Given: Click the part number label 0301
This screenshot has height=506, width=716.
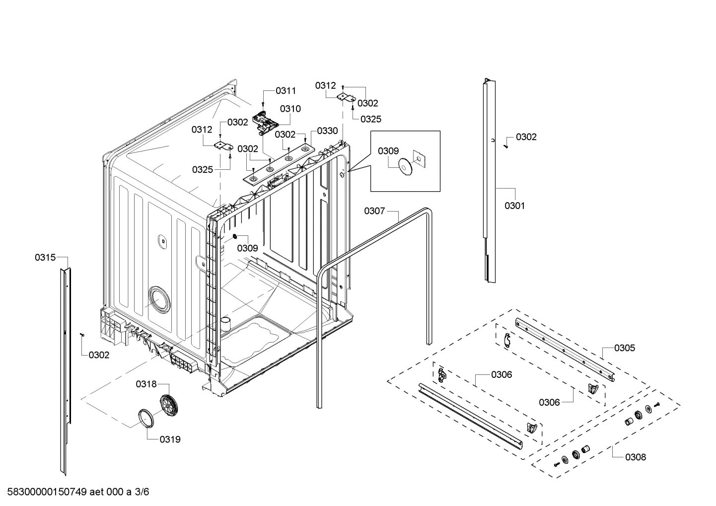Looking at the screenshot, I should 514,206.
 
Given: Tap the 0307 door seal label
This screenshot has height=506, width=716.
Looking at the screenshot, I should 374,211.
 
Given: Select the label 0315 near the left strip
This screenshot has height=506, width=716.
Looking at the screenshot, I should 45,257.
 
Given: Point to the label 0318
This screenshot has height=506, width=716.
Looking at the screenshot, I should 146,384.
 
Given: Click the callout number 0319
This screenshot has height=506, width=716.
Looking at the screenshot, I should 170,439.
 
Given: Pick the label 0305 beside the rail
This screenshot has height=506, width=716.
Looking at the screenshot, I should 624,348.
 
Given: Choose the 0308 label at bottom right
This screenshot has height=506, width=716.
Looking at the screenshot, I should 636,457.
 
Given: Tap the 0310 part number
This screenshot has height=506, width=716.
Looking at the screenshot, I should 290,109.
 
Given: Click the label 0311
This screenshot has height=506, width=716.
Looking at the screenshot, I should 286,90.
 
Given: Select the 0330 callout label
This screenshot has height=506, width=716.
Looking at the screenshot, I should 327,131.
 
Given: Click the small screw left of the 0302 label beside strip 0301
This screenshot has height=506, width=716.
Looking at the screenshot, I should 505,145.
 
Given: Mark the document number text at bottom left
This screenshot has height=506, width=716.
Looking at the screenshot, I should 75,492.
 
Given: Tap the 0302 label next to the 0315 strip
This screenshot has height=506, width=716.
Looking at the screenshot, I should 99,355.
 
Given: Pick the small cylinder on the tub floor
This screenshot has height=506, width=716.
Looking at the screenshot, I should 226,324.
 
